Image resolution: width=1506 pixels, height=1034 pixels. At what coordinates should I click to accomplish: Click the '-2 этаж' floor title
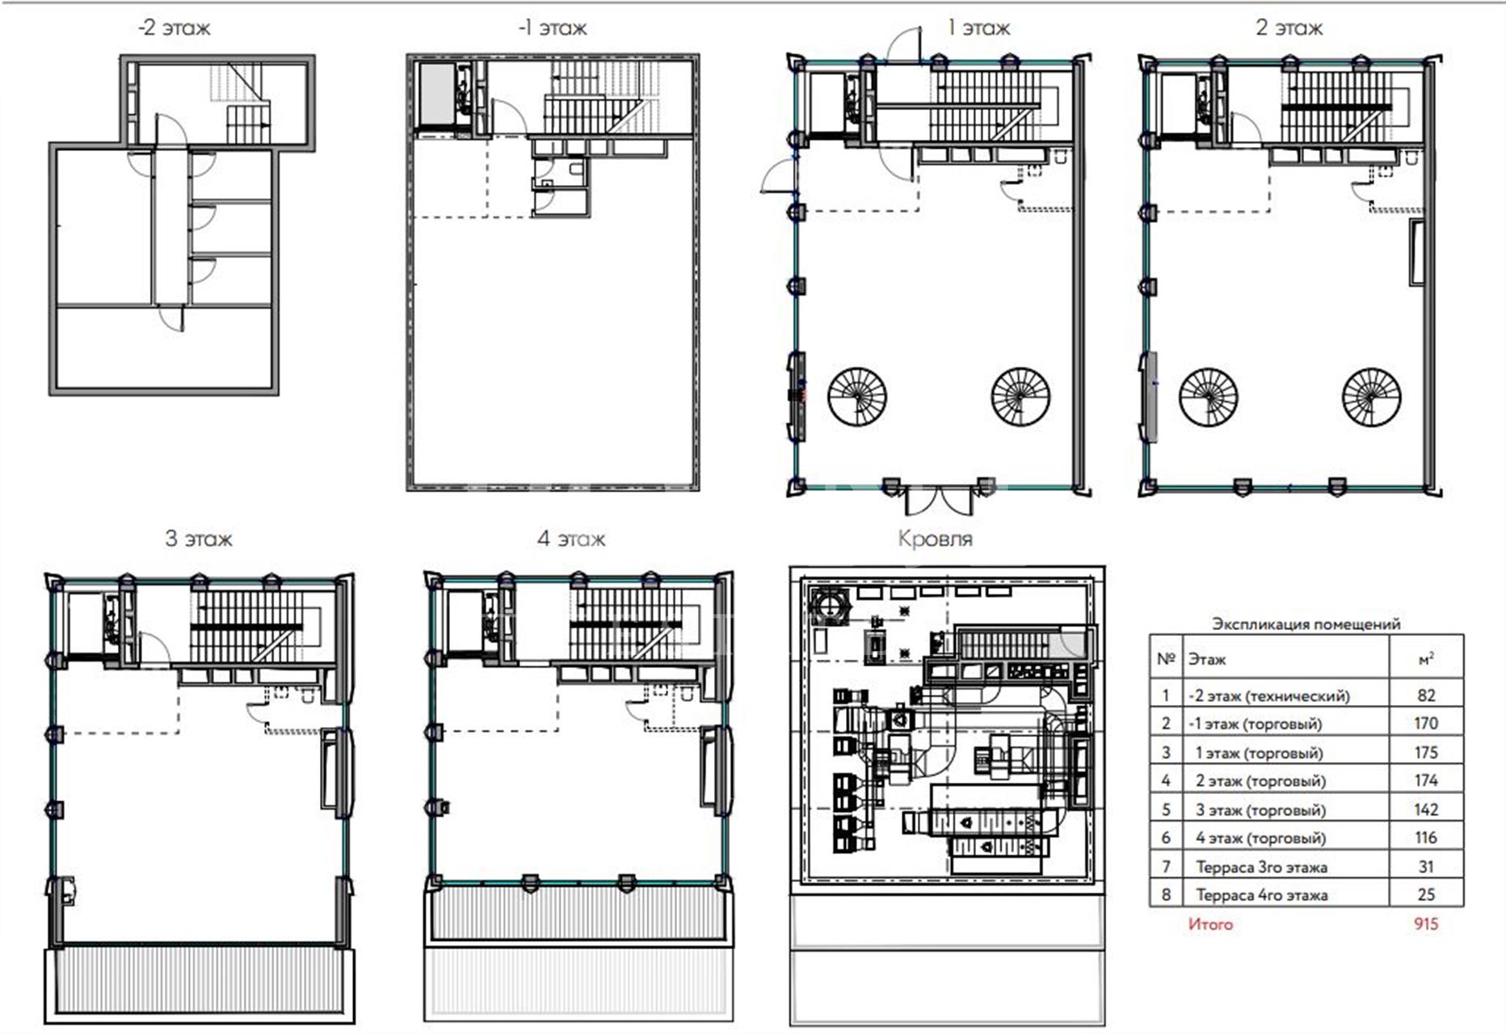click(x=174, y=28)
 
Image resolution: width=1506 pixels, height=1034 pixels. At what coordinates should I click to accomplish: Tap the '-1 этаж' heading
click(x=553, y=28)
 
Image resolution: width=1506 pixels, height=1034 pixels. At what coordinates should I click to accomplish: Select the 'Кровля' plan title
click(x=935, y=539)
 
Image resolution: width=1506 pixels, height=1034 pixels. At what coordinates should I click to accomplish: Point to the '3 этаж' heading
click(x=199, y=539)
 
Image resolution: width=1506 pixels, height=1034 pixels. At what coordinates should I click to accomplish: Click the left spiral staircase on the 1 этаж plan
click(x=857, y=397)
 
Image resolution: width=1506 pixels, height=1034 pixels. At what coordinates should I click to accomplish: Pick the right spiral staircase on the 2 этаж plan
click(x=1371, y=397)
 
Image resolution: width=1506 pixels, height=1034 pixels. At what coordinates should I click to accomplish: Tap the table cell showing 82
click(x=1426, y=695)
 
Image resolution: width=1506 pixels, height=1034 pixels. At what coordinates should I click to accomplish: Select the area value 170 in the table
click(x=1426, y=723)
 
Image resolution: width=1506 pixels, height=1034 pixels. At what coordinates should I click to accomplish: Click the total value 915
click(x=1426, y=923)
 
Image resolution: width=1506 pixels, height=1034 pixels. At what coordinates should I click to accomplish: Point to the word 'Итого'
click(x=1210, y=923)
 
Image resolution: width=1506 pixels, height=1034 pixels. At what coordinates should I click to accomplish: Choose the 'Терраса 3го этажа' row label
click(x=1261, y=867)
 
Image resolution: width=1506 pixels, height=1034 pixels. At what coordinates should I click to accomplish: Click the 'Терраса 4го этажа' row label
click(x=1261, y=895)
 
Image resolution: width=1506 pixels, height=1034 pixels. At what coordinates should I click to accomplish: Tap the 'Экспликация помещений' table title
click(x=1306, y=624)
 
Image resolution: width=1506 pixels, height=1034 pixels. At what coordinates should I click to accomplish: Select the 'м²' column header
click(x=1426, y=659)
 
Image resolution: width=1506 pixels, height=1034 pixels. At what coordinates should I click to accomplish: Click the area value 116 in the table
click(x=1426, y=838)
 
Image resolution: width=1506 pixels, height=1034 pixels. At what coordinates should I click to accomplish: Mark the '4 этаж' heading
click(x=571, y=539)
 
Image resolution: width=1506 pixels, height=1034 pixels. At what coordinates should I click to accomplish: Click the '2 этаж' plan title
click(x=1289, y=28)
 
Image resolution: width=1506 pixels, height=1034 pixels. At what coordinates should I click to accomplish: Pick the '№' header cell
click(x=1165, y=659)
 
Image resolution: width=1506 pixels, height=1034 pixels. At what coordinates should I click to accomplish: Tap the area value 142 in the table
click(x=1426, y=809)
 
